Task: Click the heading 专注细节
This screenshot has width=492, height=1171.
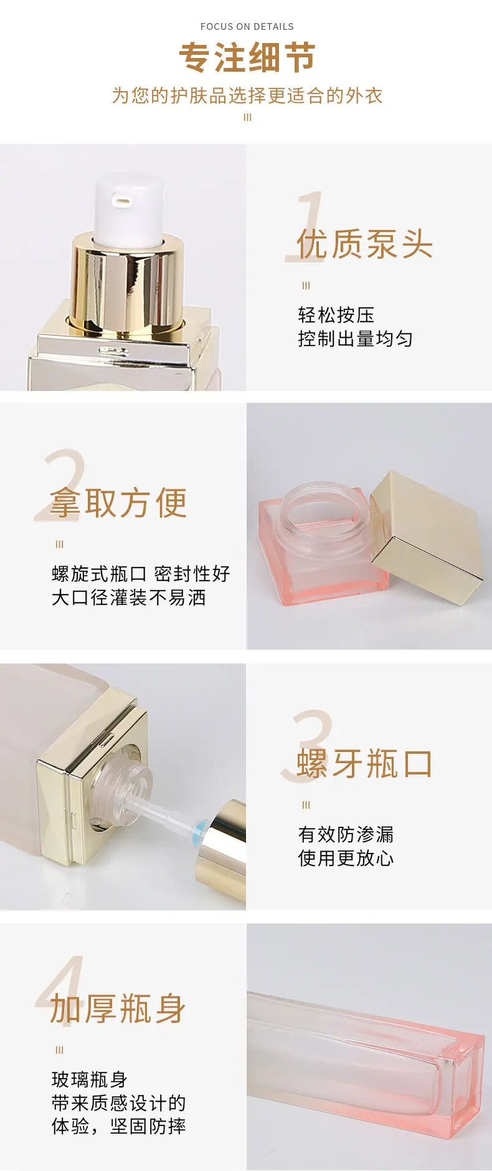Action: [x=247, y=57]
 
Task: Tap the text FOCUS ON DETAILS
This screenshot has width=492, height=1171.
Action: [x=247, y=26]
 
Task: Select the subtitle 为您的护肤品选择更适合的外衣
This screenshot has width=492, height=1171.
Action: [x=247, y=95]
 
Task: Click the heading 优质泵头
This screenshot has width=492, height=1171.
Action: [x=364, y=243]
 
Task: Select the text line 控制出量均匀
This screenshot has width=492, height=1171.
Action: [x=355, y=339]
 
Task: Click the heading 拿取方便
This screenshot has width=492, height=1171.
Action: [x=118, y=503]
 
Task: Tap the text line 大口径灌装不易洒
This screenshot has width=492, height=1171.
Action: [x=129, y=597]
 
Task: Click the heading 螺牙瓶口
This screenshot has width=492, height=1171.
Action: [x=364, y=763]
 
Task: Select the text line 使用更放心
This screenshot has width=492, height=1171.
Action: [x=346, y=858]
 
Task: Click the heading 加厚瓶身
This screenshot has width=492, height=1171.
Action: [x=118, y=1009]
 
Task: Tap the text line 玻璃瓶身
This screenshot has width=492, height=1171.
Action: [x=90, y=1079]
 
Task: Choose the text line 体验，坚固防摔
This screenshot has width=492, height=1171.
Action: [x=119, y=1126]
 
